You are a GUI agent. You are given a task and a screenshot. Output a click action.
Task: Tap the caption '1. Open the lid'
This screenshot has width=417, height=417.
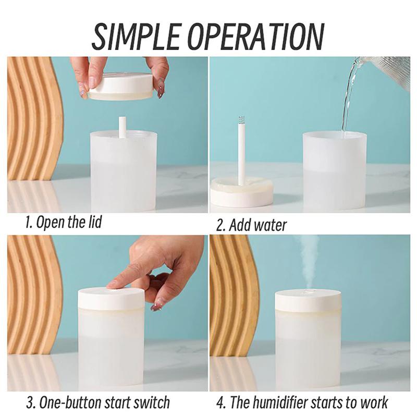63,223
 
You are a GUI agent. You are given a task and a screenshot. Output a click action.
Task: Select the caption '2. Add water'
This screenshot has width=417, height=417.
251,225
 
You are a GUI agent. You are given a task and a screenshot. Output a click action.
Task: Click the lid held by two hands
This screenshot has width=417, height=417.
121,87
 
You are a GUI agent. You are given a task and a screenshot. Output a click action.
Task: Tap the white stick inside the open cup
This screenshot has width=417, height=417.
122,127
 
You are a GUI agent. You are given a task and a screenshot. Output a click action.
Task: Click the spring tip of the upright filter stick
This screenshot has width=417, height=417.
241,120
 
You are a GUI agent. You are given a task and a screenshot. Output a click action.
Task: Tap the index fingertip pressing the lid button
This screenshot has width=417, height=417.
112,284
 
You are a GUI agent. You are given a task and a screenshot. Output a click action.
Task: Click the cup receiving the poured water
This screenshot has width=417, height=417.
334,169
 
